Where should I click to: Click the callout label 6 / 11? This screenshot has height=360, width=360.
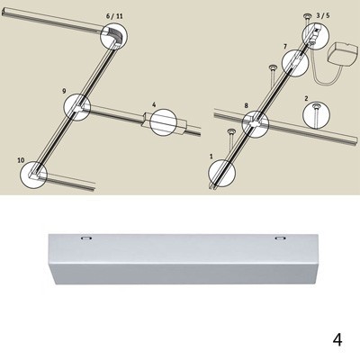[114, 16]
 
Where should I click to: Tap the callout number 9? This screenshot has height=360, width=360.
[64, 91]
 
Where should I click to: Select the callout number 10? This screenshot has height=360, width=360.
[21, 160]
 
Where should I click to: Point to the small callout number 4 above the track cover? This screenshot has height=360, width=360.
[154, 104]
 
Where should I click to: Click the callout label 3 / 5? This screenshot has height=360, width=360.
[323, 16]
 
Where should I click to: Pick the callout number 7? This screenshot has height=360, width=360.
[285, 46]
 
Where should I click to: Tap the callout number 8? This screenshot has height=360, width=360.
[247, 105]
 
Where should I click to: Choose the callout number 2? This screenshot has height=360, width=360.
[306, 98]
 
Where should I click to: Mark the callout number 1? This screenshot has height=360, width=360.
[211, 157]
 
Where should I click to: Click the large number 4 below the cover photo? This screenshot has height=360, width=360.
[337, 339]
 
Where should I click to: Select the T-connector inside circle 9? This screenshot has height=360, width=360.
[78, 107]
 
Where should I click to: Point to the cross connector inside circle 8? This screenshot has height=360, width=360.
[256, 123]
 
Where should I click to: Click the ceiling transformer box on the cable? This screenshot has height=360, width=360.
[345, 55]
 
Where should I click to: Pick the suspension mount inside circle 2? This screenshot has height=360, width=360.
[316, 113]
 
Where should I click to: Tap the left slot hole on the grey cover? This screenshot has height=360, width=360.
[86, 238]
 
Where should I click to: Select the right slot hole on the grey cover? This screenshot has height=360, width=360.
[281, 238]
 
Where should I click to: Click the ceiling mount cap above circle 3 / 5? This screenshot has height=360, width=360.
[307, 15]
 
